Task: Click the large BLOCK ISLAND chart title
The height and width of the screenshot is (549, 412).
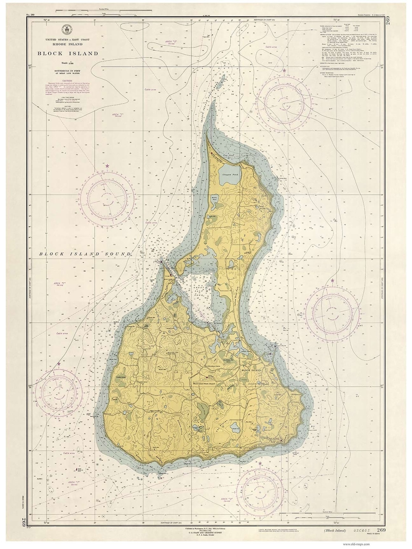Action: coord(68,53)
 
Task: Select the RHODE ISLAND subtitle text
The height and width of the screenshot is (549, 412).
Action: coord(68,44)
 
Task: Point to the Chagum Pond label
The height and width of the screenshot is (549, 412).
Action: coord(230,174)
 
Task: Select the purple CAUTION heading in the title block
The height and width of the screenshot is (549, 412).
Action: coord(68,81)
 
